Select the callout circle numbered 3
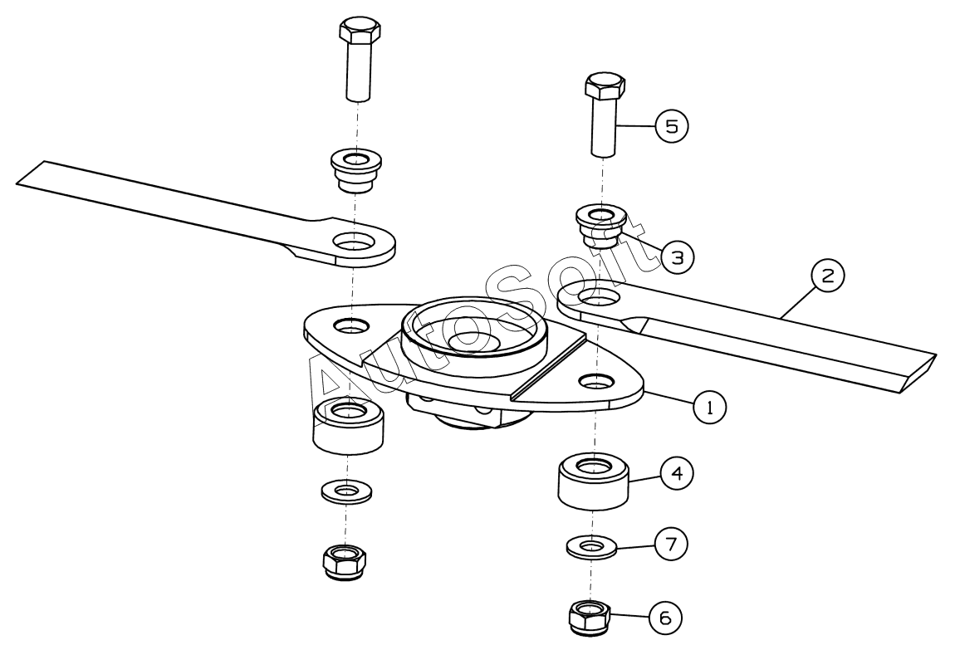pyautogui.click(x=677, y=257)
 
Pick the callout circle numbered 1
pyautogui.click(x=709, y=407)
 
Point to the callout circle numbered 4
pyautogui.click(x=677, y=474)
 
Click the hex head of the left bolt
pyautogui.click(x=360, y=33)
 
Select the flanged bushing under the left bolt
pyautogui.click(x=356, y=169)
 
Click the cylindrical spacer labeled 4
pyautogui.click(x=592, y=481)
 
